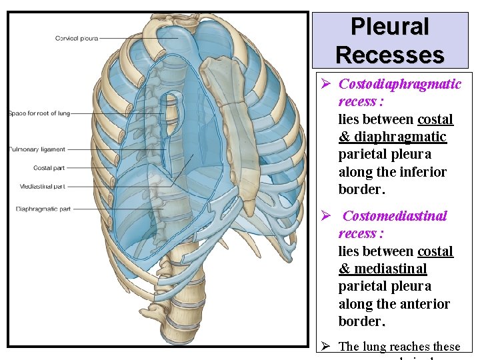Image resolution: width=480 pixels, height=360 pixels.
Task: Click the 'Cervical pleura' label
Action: (x=77, y=38)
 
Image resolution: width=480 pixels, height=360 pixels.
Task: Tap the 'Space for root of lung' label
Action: (x=39, y=113)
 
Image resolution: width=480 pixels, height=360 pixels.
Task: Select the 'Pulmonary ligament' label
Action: (x=37, y=149)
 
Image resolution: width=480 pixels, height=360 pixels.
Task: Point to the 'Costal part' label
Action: (x=48, y=168)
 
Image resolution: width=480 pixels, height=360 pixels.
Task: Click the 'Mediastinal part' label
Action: (x=42, y=187)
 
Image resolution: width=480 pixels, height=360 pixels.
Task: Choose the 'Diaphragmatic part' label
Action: (x=43, y=209)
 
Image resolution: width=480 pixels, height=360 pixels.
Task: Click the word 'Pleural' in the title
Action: (x=390, y=27)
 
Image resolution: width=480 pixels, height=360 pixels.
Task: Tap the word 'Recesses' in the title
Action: (x=390, y=54)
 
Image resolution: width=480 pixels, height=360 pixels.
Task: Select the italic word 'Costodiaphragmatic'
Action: (x=400, y=84)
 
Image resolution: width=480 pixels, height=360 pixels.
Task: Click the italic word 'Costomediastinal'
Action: (x=395, y=216)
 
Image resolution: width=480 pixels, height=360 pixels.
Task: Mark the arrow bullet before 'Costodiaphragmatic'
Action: (x=326, y=84)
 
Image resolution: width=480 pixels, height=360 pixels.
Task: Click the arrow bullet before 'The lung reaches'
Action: (x=326, y=346)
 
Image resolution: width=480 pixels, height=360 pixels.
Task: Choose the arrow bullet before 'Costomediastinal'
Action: (x=326, y=216)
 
